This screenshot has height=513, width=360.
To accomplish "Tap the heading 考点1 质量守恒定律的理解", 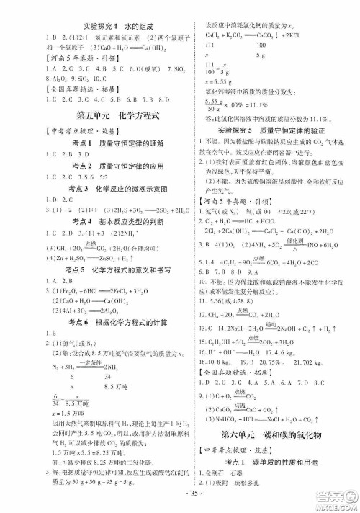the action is coord(94,144).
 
